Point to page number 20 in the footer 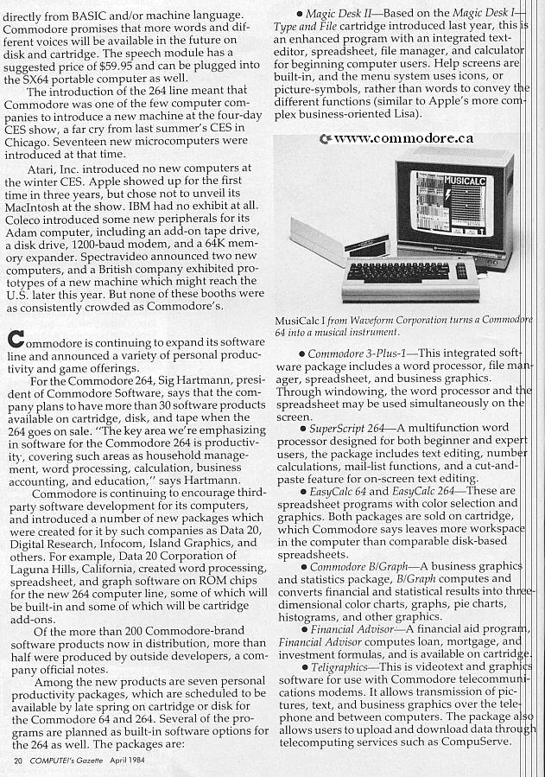point(18,761)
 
